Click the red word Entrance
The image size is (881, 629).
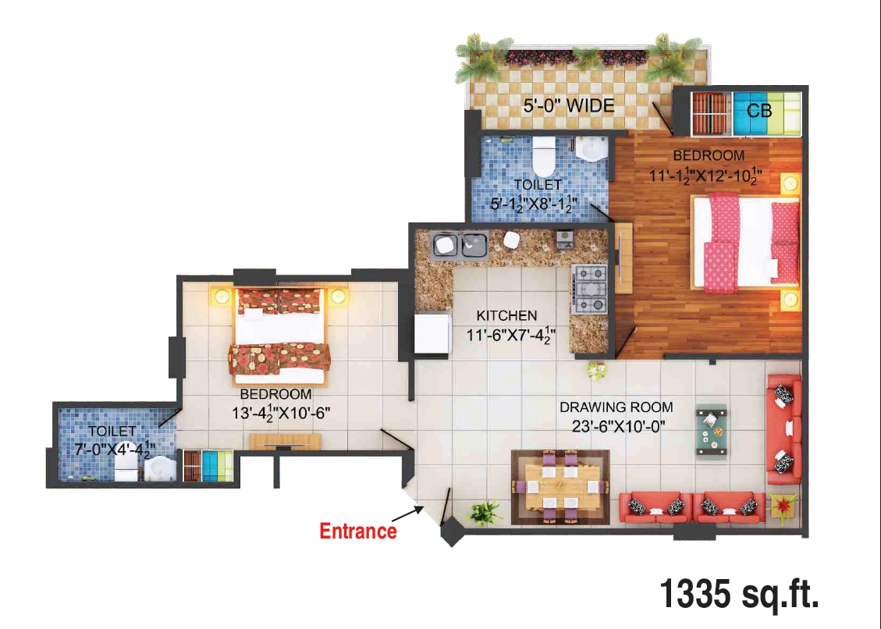(x=358, y=531)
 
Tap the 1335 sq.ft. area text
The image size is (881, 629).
(x=739, y=594)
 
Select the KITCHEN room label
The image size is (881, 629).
(x=506, y=316)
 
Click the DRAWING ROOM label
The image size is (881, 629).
(x=616, y=407)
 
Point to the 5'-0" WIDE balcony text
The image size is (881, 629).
(x=569, y=105)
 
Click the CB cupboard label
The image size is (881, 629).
(x=759, y=111)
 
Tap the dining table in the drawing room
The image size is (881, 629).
(x=560, y=487)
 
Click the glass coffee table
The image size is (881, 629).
(x=712, y=432)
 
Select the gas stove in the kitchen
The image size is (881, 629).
(x=589, y=290)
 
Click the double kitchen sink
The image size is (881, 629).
(x=459, y=245)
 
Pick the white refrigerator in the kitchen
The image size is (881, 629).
(x=432, y=333)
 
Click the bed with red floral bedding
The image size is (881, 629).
(x=279, y=337)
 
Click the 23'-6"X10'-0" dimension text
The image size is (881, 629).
(x=618, y=427)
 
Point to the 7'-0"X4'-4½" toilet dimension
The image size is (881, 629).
(x=115, y=448)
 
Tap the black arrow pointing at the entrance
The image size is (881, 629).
(x=407, y=514)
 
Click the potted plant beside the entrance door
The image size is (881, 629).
(x=485, y=513)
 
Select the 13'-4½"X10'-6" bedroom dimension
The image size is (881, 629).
(x=281, y=412)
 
